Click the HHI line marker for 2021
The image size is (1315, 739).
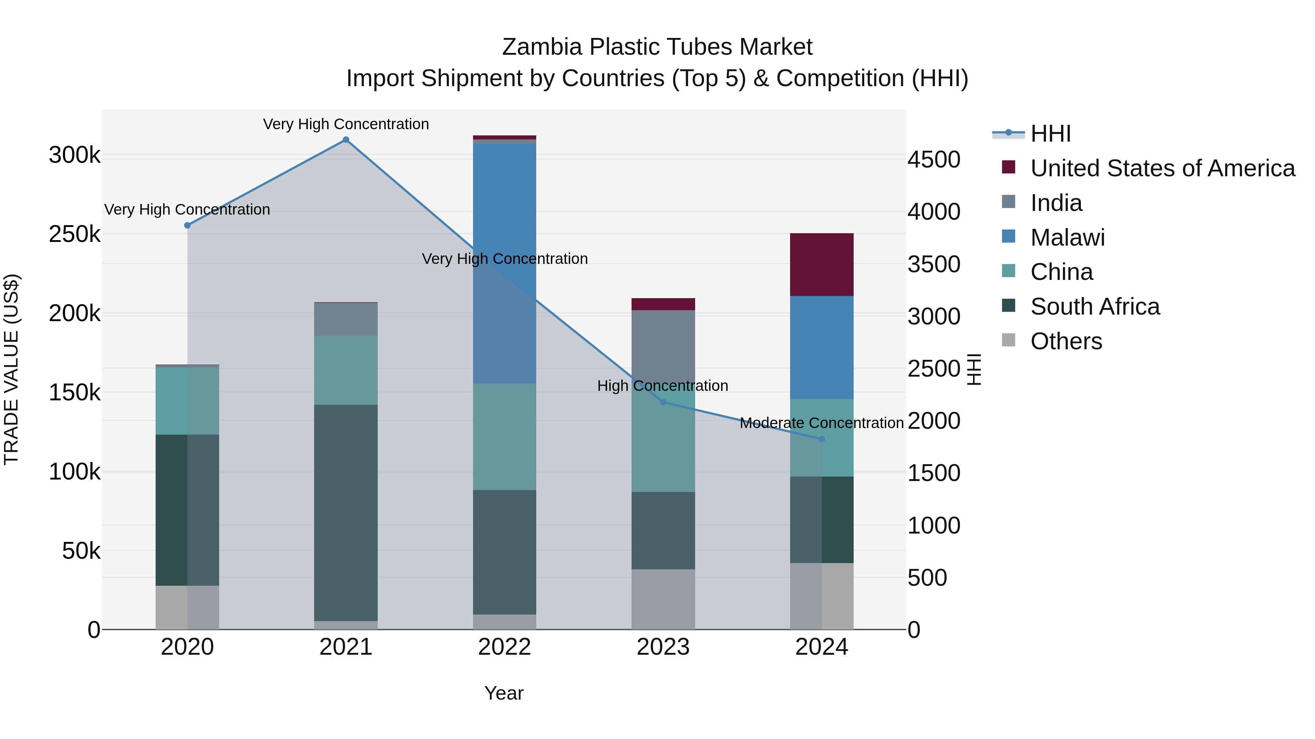[346, 140]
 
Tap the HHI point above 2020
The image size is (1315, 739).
[187, 226]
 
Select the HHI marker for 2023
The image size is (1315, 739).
[663, 403]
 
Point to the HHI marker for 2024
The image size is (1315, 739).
[822, 439]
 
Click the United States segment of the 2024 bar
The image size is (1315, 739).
[822, 265]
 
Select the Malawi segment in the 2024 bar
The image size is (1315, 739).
[822, 347]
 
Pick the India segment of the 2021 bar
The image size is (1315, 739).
[346, 319]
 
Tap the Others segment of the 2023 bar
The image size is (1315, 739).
[663, 599]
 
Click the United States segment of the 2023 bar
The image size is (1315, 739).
[663, 304]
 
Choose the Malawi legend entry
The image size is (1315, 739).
[1067, 238]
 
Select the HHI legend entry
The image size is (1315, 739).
[1051, 134]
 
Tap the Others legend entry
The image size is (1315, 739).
[1066, 341]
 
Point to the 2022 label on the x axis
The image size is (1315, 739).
[504, 647]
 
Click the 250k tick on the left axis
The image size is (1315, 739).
[75, 235]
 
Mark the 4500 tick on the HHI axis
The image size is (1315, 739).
[934, 159]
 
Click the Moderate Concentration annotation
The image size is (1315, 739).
[822, 423]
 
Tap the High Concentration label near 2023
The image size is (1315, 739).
[663, 386]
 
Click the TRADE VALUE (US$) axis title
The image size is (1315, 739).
[11, 369]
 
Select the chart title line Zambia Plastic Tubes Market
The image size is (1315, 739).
[657, 47]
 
